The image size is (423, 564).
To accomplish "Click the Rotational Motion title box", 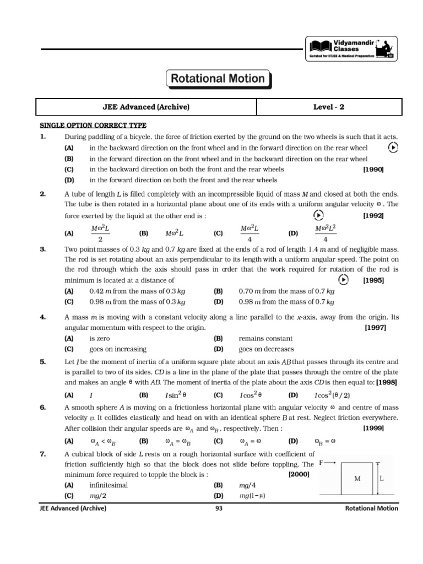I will coord(218,79).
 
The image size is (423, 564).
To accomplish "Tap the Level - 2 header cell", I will coord(328,107).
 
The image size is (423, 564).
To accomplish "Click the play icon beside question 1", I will coord(393,147).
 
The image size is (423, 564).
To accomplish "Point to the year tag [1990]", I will coord(373,169).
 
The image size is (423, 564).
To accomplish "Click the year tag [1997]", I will coord(376,328).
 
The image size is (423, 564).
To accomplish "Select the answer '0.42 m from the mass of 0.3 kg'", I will coord(137,291).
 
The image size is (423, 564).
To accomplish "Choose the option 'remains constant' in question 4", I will coord(265,338).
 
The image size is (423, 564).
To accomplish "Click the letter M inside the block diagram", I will coord(357,479).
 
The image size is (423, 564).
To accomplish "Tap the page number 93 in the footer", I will coord(219,508).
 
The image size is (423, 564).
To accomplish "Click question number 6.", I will coord(43,407).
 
